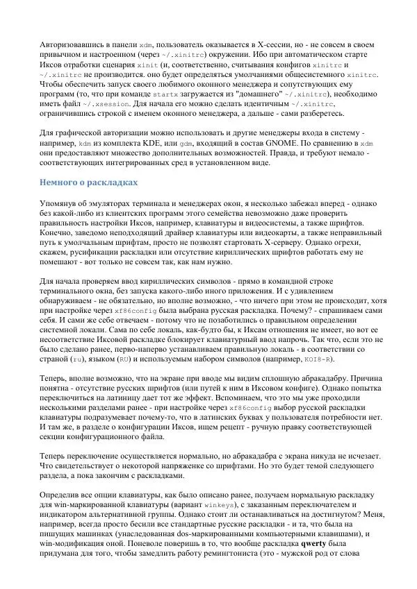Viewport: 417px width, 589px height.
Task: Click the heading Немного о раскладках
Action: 88,182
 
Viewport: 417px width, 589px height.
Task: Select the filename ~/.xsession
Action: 91,103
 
